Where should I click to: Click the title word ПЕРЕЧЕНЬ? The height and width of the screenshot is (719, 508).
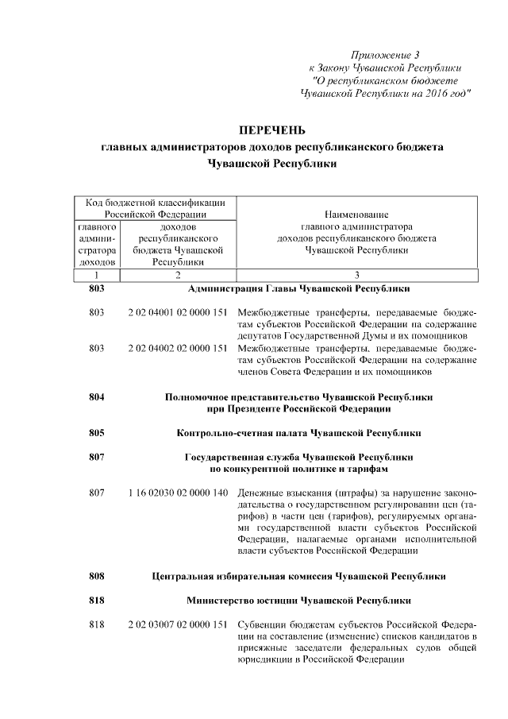click(x=272, y=130)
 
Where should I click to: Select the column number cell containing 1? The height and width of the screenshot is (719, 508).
click(x=98, y=275)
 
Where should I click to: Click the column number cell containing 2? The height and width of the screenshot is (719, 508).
click(x=178, y=275)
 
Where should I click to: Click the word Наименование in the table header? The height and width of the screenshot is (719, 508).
click(x=356, y=215)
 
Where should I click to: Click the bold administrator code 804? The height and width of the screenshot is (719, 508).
click(x=98, y=396)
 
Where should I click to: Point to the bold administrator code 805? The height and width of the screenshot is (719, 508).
click(x=98, y=433)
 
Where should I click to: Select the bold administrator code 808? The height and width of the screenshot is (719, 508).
click(x=98, y=576)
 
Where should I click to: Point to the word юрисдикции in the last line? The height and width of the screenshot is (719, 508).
click(x=264, y=659)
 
